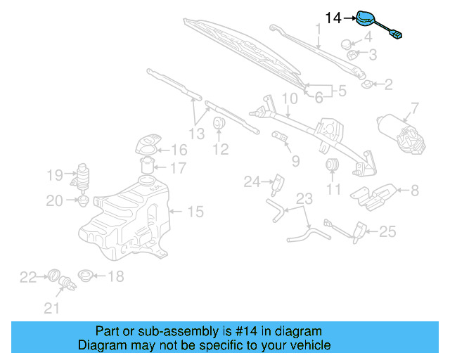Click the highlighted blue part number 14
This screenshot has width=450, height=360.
[x=368, y=19]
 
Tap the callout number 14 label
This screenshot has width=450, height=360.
[x=333, y=16]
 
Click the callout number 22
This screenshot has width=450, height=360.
[x=27, y=278]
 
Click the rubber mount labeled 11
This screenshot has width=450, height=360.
[x=333, y=166]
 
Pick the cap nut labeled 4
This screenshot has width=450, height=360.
[x=349, y=44]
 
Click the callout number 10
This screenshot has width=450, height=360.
[x=290, y=99]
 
